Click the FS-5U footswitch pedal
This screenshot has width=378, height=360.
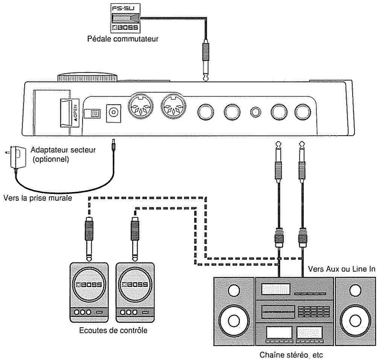[125, 18]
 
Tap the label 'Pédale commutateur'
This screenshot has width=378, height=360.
[123, 39]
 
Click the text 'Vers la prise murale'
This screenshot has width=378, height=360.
[38, 198]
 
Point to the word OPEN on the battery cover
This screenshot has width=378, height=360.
[76, 112]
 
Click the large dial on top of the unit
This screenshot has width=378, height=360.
[87, 77]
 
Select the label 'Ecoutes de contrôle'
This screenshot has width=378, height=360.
[113, 330]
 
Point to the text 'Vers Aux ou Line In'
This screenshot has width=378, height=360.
[341, 268]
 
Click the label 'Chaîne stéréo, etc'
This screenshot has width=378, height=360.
[291, 355]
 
